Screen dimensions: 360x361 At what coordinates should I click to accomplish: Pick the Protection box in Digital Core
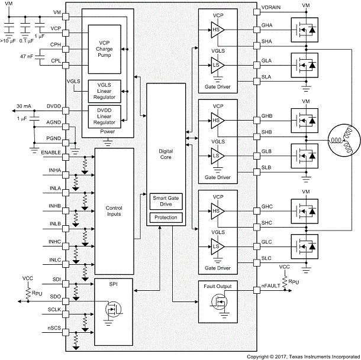(x=166, y=218)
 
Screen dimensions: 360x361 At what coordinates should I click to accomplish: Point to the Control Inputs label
(x=114, y=210)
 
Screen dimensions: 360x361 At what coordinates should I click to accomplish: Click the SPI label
(x=114, y=285)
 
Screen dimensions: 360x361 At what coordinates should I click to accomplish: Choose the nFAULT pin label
(x=271, y=287)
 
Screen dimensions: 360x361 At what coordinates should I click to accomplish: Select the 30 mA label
(x=23, y=106)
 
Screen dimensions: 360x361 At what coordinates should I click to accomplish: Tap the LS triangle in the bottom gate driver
(x=215, y=246)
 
